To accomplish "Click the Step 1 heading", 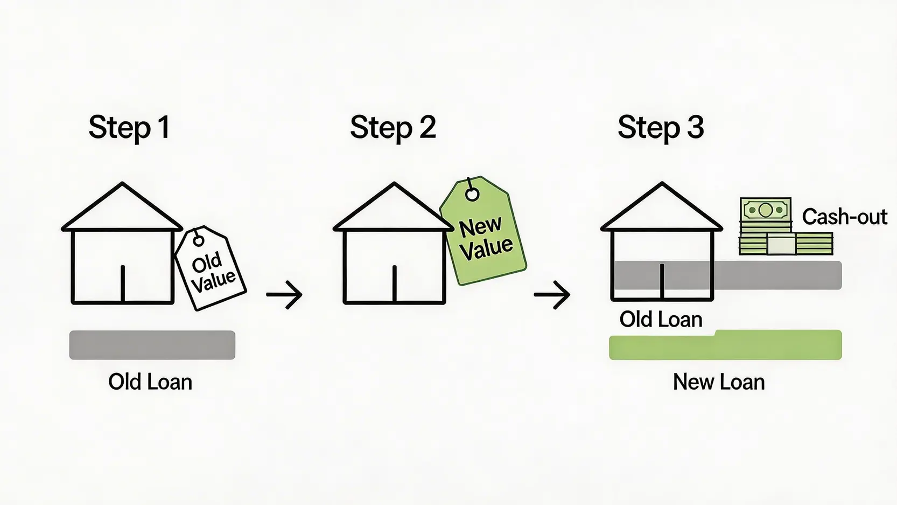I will click(129, 128).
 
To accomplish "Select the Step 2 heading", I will click(393, 128).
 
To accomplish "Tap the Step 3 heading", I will click(661, 128).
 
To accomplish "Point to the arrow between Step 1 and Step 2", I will click(284, 294).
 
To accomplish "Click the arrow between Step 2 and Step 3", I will click(552, 294).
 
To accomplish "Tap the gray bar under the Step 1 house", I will click(152, 345).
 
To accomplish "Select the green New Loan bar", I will click(725, 345).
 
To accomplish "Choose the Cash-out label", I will click(844, 217).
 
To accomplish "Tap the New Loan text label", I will click(719, 382).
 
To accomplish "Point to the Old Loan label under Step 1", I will click(150, 382).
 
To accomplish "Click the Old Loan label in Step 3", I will click(661, 320).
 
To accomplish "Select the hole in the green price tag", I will click(472, 195).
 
